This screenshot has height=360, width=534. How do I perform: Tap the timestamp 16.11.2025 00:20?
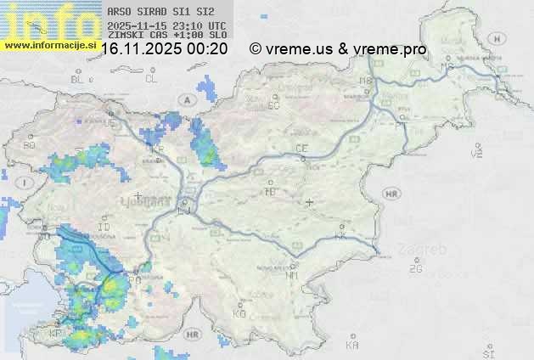(164, 49)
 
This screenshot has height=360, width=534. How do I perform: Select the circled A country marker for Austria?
(186, 99)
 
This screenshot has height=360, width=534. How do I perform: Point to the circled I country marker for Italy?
(27, 183)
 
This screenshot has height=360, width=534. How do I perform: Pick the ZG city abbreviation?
(415, 269)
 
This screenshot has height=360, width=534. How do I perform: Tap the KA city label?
(352, 345)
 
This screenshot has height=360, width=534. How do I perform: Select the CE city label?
(301, 149)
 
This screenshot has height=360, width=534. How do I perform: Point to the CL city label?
(151, 79)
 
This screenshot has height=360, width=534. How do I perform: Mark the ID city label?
(104, 228)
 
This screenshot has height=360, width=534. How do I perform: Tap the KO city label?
(239, 313)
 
